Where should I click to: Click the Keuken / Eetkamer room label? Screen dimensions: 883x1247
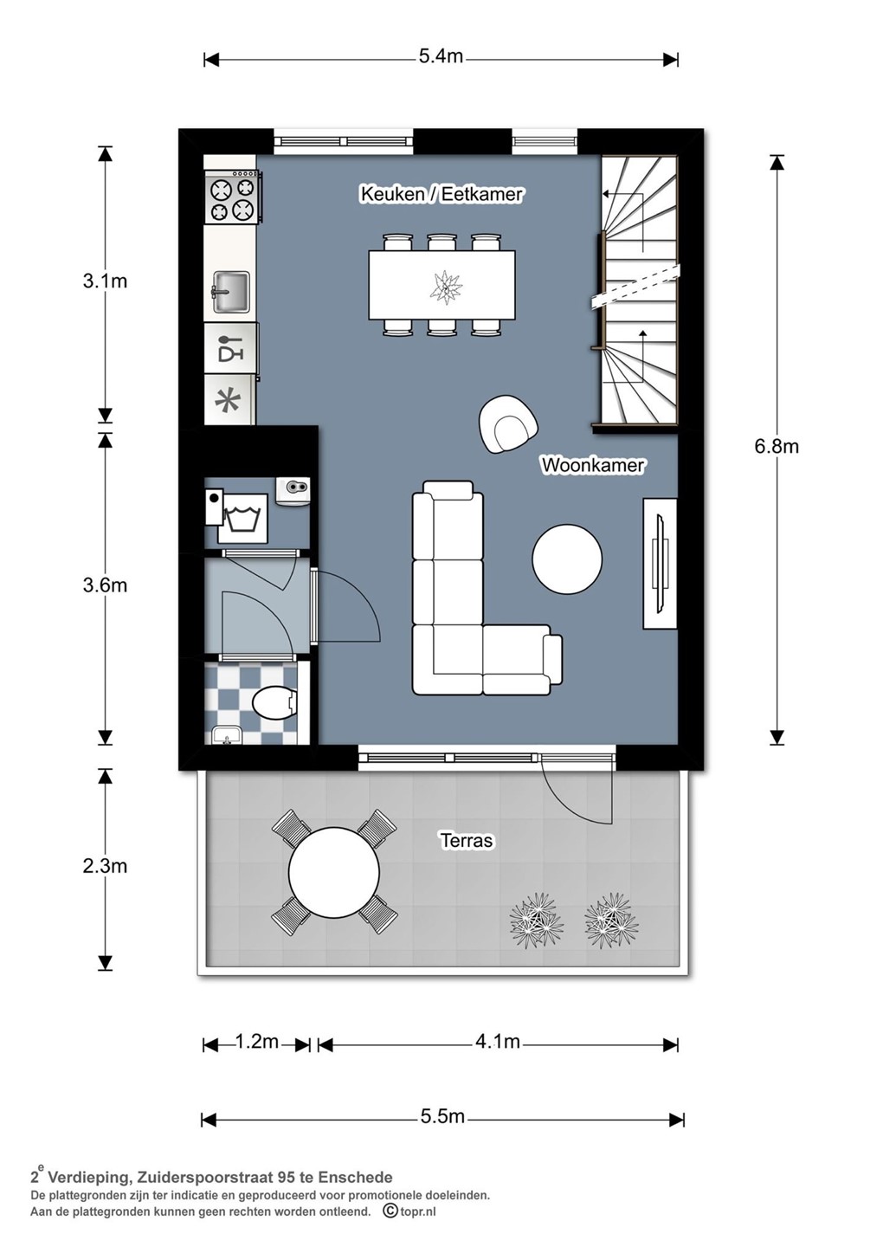(x=441, y=194)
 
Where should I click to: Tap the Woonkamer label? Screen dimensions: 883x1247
(x=592, y=465)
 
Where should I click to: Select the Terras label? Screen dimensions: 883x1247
(x=467, y=840)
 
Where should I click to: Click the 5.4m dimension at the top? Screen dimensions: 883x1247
(x=441, y=56)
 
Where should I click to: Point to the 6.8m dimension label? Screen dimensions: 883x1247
(x=777, y=446)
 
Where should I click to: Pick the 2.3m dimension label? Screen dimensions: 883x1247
(x=105, y=866)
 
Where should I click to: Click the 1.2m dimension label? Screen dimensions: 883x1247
(x=256, y=1041)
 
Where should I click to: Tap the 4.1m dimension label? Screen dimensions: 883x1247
(x=498, y=1041)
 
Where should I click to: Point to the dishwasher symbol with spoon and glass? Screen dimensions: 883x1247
(x=231, y=348)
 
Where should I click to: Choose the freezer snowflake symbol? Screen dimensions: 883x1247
(x=230, y=399)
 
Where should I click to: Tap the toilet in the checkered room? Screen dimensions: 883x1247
(x=274, y=704)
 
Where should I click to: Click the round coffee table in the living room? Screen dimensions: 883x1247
(x=567, y=559)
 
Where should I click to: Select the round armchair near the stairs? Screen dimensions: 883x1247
(x=508, y=423)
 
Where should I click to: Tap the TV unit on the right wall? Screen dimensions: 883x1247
(x=661, y=564)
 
